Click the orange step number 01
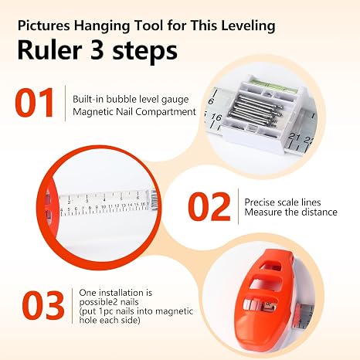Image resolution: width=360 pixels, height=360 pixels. click(34, 103)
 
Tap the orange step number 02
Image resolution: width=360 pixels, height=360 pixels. click(209, 207)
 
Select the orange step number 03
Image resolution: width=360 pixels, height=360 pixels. click(43, 305)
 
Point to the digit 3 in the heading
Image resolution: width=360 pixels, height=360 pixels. click(97, 50)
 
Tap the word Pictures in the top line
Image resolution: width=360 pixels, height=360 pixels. click(44, 25)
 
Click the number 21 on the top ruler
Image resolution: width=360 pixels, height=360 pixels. click(294, 137)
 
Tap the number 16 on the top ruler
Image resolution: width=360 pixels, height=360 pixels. click(216, 117)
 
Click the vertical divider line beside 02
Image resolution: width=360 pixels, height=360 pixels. click(238, 206)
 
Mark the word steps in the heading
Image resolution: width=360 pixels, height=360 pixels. click(144, 51)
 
